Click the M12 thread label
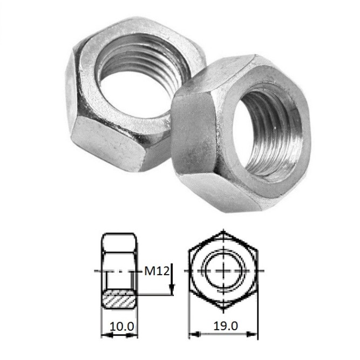click(157, 271)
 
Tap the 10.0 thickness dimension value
click(121, 326)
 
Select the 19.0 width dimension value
click(226, 326)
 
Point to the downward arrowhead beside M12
click(172, 289)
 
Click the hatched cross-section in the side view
click(119, 300)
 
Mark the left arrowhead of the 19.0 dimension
click(194, 334)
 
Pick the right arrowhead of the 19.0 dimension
click(252, 334)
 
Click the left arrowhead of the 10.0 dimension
click(107, 335)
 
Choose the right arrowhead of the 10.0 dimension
click(132, 335)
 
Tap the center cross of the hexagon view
click(223, 271)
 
